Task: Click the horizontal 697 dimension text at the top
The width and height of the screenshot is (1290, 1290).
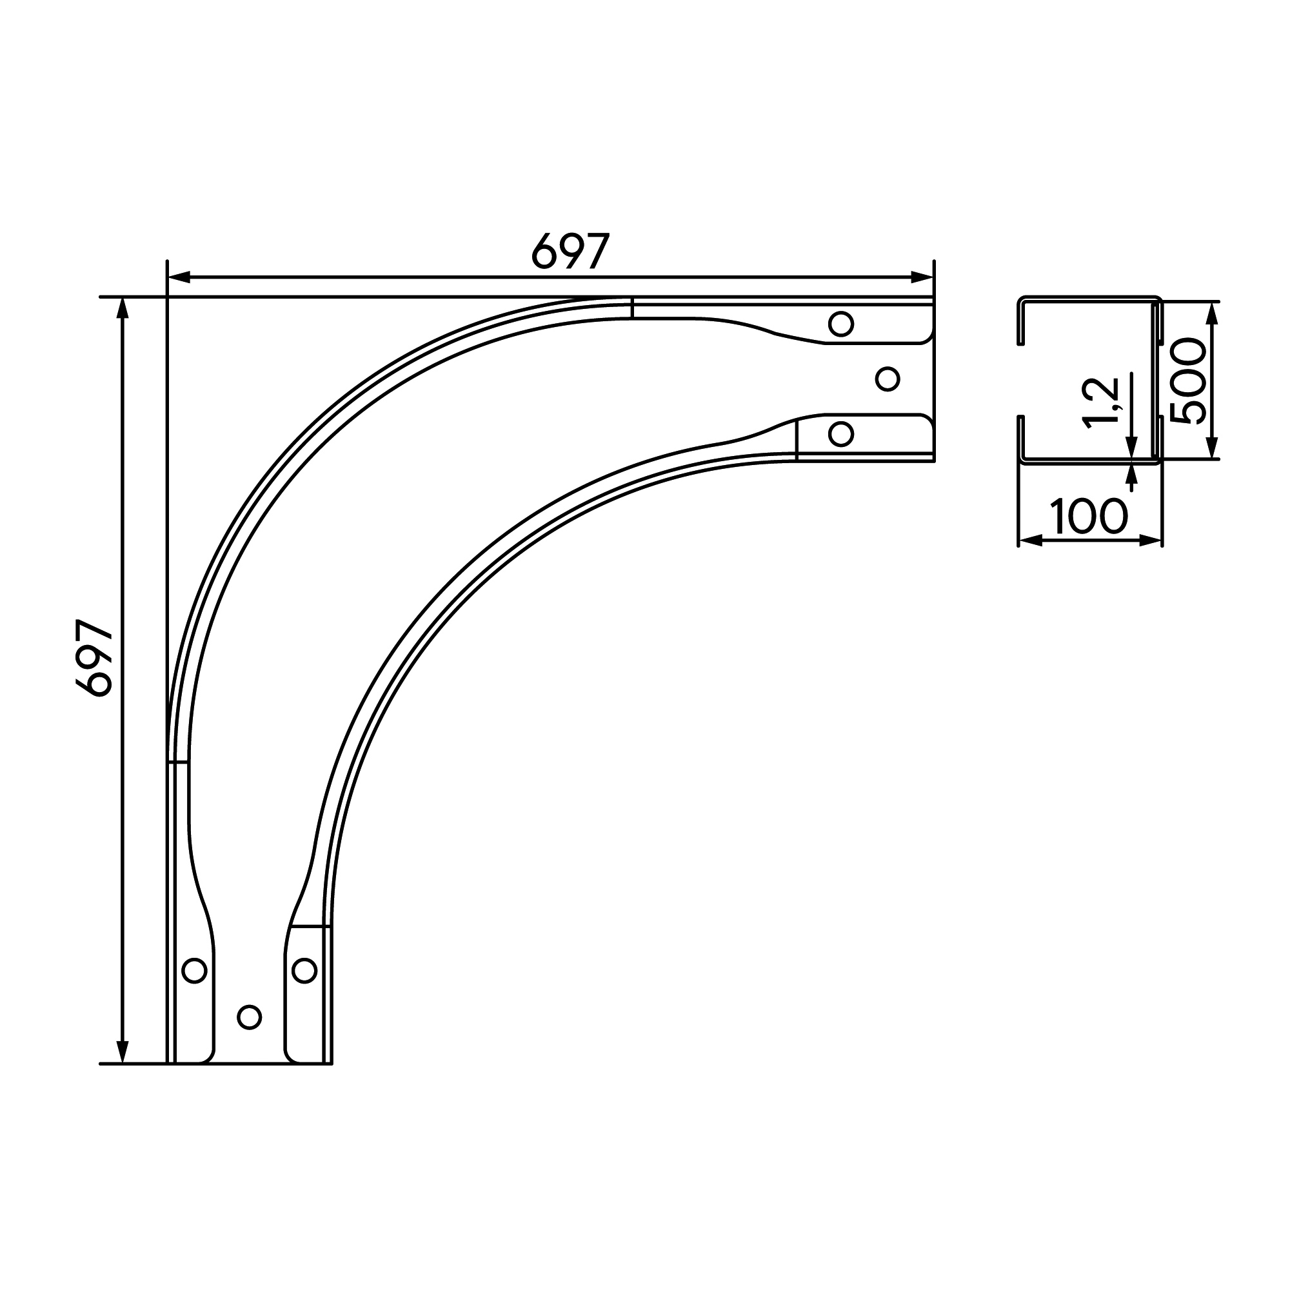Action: pyautogui.click(x=571, y=251)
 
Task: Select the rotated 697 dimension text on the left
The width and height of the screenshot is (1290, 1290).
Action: pyautogui.click(x=94, y=659)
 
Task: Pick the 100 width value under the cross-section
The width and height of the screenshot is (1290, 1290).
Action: pyautogui.click(x=1089, y=516)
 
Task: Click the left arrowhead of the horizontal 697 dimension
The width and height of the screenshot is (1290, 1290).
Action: pyautogui.click(x=179, y=277)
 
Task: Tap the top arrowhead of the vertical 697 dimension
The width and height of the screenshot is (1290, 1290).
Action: pyautogui.click(x=122, y=308)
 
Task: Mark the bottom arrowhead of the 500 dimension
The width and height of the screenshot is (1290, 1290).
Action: pyautogui.click(x=1213, y=448)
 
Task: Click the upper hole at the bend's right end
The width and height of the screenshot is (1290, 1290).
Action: pyautogui.click(x=840, y=324)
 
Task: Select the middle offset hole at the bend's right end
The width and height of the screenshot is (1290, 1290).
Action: pyautogui.click(x=888, y=379)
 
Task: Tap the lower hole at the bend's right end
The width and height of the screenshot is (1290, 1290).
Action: pyautogui.click(x=840, y=434)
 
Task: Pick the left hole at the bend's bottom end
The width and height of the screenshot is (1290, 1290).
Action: pyautogui.click(x=194, y=970)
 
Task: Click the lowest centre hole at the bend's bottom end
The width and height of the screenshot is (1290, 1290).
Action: pyautogui.click(x=249, y=1017)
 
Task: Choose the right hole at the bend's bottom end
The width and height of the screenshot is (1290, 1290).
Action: pyautogui.click(x=304, y=970)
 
